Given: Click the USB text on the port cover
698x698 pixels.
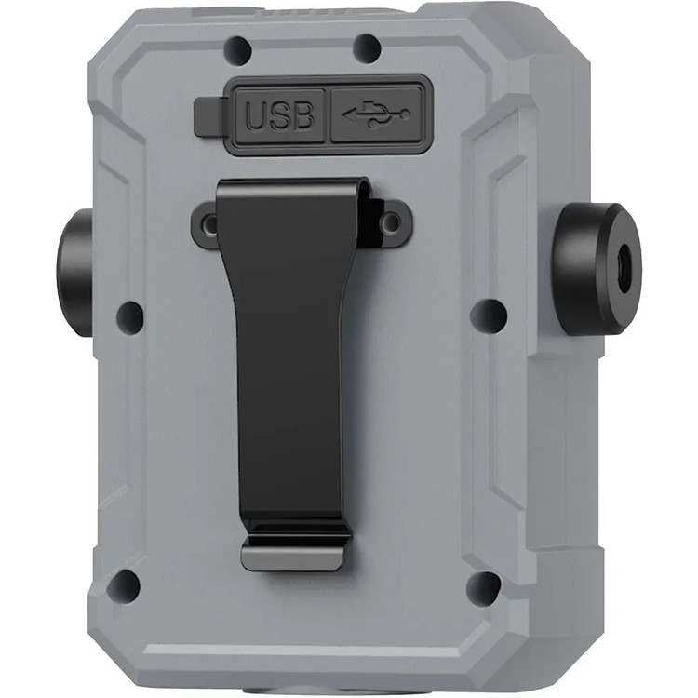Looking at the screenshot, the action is (x=279, y=116).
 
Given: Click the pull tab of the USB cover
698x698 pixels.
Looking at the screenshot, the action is (x=208, y=116).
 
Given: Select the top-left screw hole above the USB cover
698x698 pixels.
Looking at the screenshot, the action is (x=238, y=48).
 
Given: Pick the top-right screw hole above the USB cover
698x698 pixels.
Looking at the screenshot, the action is (x=367, y=46).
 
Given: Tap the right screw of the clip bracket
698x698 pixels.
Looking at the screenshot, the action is (x=391, y=222).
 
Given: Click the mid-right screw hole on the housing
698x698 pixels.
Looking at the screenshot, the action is (x=489, y=314).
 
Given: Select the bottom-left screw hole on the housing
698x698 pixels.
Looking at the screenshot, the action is (x=124, y=584).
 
